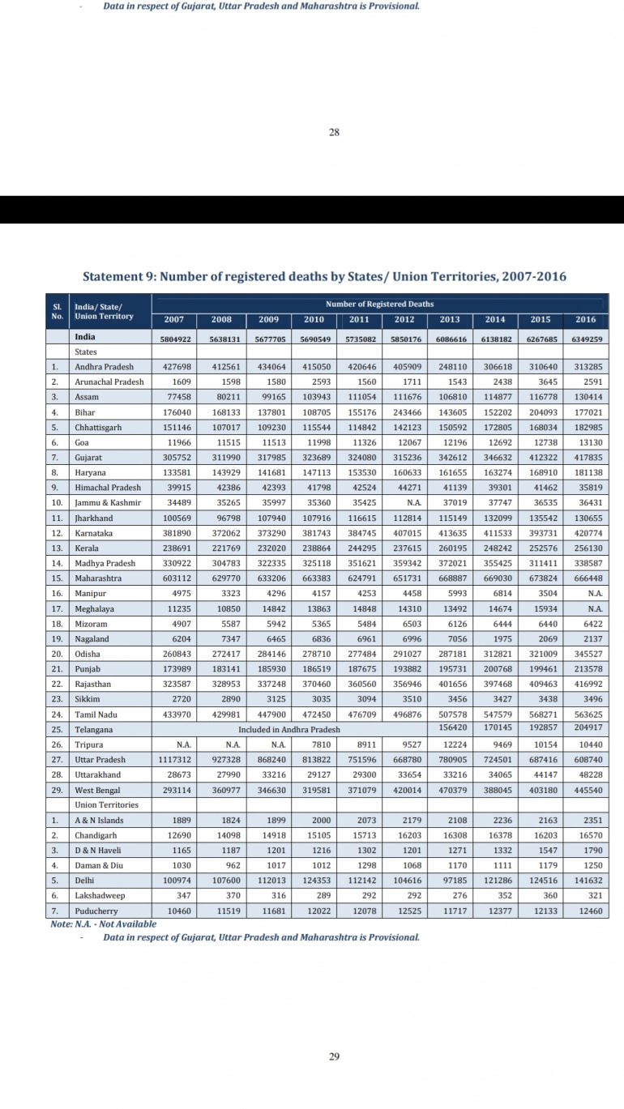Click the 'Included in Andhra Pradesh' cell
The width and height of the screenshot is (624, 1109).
click(x=289, y=729)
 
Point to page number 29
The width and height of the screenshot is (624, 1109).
click(x=335, y=1056)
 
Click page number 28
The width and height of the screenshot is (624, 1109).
click(x=335, y=133)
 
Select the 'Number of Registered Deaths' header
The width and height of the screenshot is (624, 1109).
click(x=379, y=304)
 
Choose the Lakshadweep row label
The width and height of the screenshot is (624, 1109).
click(x=99, y=896)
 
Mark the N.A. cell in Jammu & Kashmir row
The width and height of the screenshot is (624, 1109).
click(x=404, y=502)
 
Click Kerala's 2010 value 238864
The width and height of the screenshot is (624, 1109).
click(x=313, y=548)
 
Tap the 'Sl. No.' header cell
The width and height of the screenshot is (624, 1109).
click(x=57, y=311)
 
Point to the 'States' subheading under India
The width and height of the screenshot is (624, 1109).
click(x=85, y=352)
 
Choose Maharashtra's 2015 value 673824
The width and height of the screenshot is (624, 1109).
click(x=540, y=578)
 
